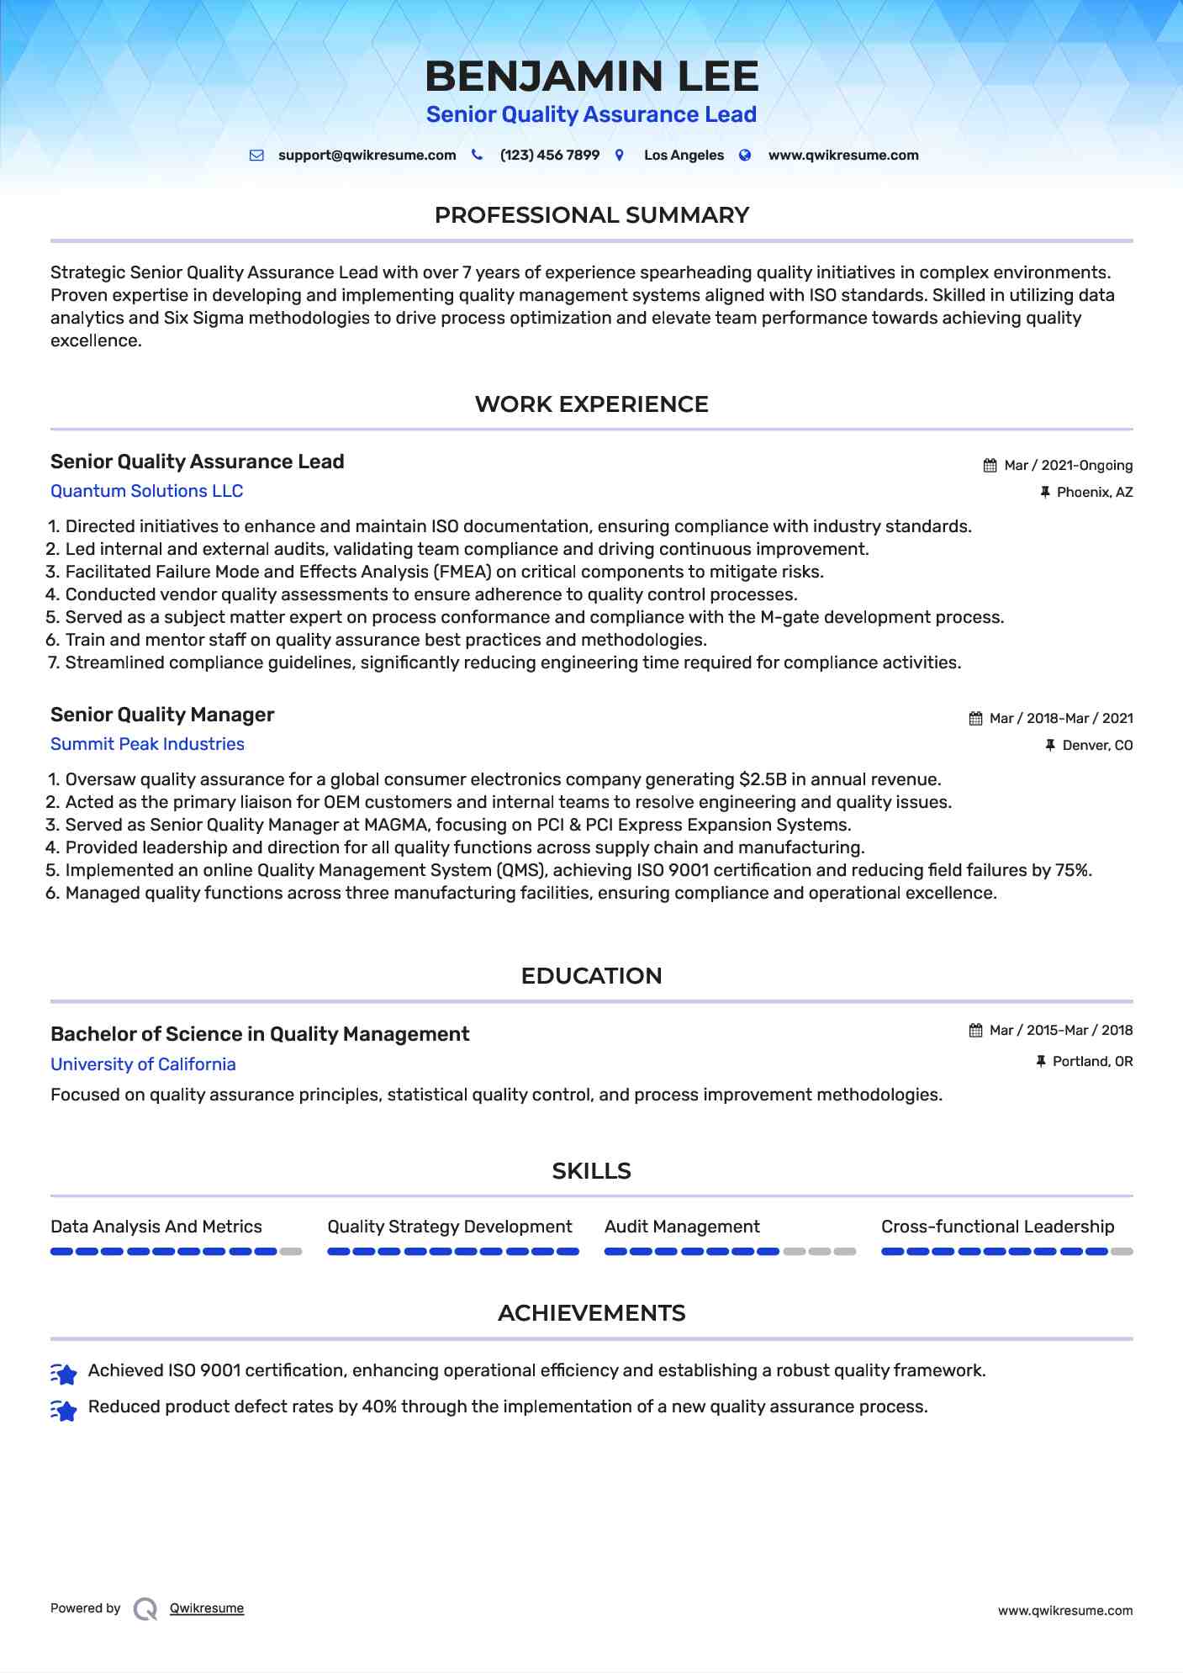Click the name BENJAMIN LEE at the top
(591, 77)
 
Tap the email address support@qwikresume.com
(367, 156)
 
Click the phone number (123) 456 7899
(549, 156)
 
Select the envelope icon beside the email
(256, 156)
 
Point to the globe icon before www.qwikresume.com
(745, 156)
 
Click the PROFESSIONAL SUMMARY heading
(591, 215)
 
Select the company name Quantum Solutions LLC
(146, 491)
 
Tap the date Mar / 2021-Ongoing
(1068, 466)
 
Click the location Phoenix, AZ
(1094, 493)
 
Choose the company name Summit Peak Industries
(147, 744)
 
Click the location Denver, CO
(1097, 746)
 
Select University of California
(143, 1064)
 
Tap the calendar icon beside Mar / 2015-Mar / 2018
(975, 1031)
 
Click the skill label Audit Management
(682, 1227)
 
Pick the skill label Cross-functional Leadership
(997, 1227)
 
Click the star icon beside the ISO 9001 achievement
(64, 1373)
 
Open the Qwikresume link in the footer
(207, 1608)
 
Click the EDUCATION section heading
(591, 976)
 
